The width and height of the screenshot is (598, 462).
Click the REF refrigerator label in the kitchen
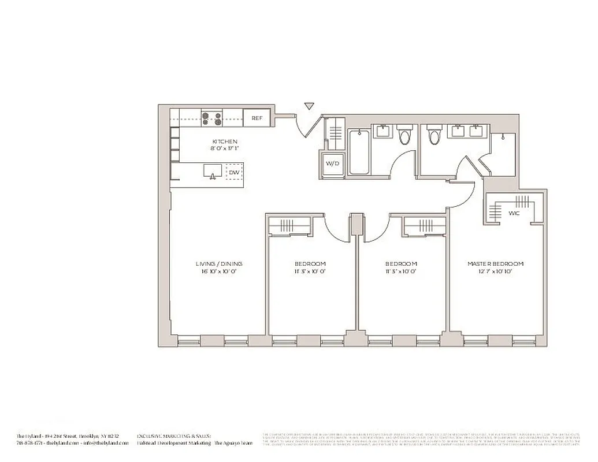point(257,118)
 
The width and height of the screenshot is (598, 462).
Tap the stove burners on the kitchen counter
point(212,118)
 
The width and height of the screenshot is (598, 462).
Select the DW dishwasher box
point(233,172)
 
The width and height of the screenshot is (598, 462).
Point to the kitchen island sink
point(213,172)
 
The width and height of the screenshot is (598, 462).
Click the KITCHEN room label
point(225,141)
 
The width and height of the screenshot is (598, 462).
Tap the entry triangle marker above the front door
point(309,106)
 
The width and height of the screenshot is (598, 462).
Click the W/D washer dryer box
point(333,163)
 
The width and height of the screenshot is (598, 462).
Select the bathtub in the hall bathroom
point(360,152)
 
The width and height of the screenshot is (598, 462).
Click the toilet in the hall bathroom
point(404,135)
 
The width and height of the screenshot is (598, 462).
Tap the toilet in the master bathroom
point(434,135)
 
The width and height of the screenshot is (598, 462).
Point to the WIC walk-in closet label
point(514,213)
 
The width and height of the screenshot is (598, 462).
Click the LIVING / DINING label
point(218,264)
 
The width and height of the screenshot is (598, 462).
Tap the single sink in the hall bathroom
point(382,131)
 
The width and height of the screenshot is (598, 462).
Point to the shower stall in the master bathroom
point(502,153)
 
